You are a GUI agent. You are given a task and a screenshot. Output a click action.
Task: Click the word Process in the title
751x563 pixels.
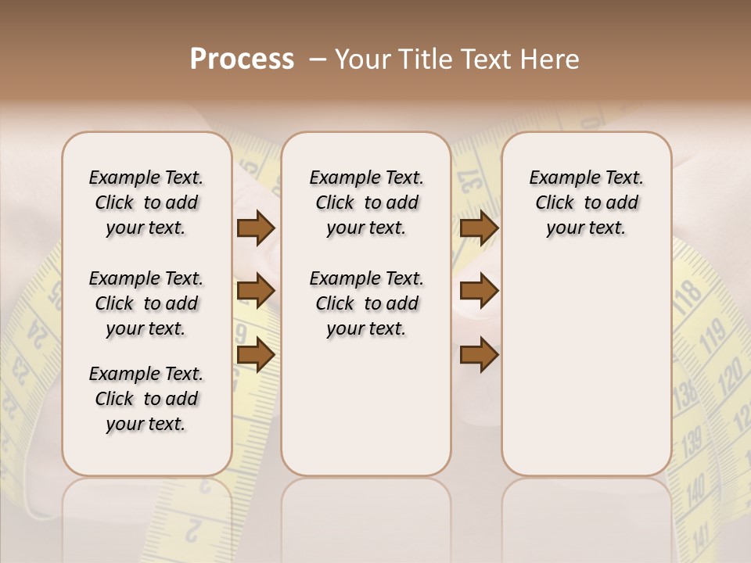point(242,59)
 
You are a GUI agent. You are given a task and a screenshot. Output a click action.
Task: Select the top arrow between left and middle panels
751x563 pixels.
point(256,228)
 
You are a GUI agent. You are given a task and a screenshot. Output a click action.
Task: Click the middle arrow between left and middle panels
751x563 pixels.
point(256,291)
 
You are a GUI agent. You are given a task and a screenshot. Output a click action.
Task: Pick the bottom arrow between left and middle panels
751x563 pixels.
point(256,354)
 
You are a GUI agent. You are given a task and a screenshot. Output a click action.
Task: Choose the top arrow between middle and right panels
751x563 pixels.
point(479,228)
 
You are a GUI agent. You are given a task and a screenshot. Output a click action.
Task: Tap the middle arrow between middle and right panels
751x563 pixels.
point(479,291)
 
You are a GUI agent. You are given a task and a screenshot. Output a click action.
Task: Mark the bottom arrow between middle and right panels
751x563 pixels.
point(479,354)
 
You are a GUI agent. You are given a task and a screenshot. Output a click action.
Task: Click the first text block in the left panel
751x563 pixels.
point(146,203)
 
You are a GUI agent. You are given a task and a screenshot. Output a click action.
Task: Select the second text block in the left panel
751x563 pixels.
point(146,303)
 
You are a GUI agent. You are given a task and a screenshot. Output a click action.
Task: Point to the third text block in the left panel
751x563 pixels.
point(146,399)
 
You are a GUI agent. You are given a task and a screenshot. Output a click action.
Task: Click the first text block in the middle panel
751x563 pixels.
point(366,203)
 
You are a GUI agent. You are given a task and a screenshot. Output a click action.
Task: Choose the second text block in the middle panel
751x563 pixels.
point(366,303)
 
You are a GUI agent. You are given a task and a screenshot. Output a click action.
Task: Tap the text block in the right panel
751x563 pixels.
point(586,203)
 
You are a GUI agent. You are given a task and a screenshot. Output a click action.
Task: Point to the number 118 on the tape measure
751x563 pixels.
point(688,295)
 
